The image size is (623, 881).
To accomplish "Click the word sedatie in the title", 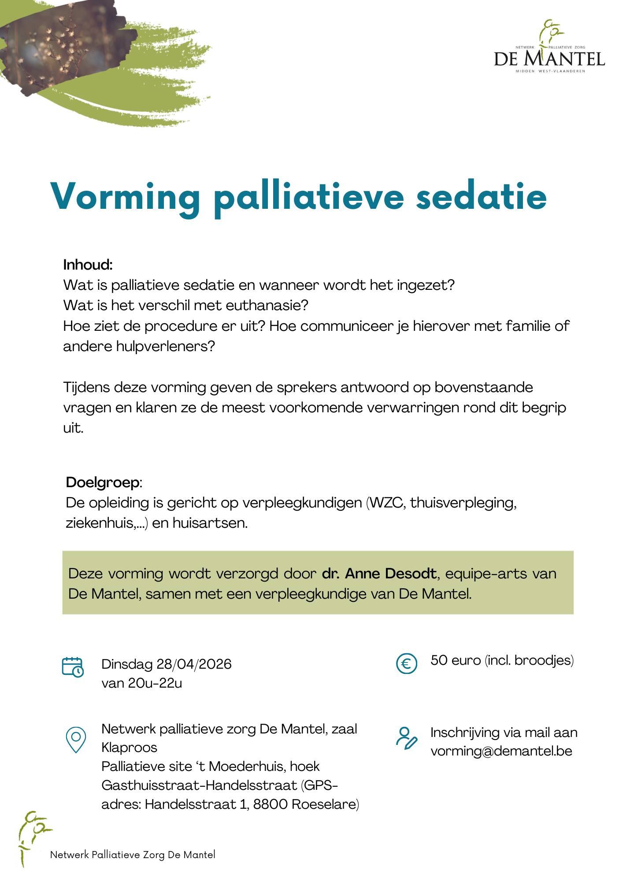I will (481, 197).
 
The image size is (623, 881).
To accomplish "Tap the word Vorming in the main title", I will (126, 197).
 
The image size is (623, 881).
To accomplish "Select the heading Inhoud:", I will (88, 265).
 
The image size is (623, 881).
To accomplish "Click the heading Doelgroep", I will (103, 482).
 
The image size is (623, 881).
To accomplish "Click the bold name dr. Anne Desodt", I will (379, 574).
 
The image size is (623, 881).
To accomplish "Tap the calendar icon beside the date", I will (73, 667).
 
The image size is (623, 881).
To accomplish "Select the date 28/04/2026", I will (194, 664).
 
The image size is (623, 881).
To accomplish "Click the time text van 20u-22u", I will (141, 683).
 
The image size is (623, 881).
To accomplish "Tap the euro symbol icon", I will (407, 663).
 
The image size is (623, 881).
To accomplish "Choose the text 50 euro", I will (455, 660).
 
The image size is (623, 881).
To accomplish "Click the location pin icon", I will (76, 740).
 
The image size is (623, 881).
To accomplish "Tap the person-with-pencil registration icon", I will (406, 738).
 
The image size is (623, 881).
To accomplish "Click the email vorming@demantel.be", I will (501, 751).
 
